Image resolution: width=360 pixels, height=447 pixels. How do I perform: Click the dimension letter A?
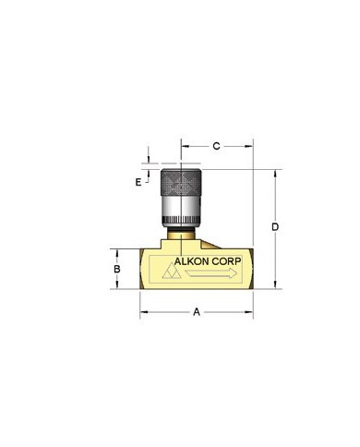coord(197,312)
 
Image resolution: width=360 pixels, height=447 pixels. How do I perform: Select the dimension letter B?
coord(117,269)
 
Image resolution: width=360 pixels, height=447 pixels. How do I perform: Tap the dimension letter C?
coord(217,146)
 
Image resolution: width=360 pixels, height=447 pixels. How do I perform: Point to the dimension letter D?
coord(275,227)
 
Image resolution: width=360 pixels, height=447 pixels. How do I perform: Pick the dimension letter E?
coord(138,182)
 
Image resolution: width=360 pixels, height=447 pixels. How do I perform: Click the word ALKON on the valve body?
coord(194,261)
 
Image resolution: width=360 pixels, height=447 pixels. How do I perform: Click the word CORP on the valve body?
coord(229,261)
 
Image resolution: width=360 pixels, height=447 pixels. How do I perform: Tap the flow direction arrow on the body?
coord(211,273)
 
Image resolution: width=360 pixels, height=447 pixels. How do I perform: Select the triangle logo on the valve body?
coord(172,271)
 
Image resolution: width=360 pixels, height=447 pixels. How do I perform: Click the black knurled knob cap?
coord(181,182)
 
